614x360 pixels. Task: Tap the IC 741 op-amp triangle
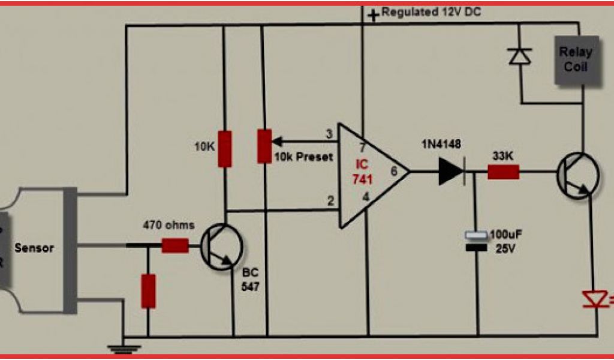(369, 175)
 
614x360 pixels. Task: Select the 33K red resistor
(503, 173)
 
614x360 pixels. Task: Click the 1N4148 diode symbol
(451, 172)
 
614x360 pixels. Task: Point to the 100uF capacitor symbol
(477, 241)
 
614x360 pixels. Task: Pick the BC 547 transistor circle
(222, 246)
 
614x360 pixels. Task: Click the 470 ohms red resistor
(175, 245)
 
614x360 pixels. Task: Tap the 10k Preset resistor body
(264, 145)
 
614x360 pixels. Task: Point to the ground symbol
(123, 346)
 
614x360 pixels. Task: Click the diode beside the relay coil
(520, 55)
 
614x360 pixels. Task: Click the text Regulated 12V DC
(431, 12)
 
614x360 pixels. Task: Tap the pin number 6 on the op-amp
(394, 172)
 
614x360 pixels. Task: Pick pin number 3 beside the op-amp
(329, 134)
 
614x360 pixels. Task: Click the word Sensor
(34, 248)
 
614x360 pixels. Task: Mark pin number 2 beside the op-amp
(330, 200)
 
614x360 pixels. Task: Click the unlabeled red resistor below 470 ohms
(148, 291)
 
